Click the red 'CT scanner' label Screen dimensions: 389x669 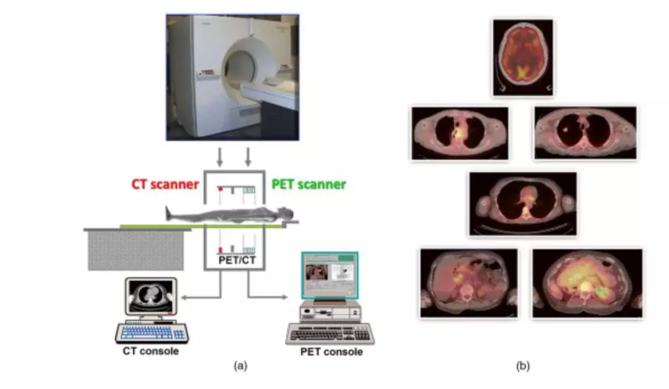coord(165,184)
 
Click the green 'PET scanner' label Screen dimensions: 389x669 coord(309,184)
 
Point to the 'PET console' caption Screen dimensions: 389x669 coord(331,352)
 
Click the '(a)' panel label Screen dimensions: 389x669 coord(240,366)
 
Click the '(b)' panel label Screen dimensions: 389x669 coord(523,366)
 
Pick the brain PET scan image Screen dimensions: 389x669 coord(523,57)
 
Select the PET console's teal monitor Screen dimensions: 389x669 coord(329,275)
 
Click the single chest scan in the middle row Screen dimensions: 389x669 coord(523,204)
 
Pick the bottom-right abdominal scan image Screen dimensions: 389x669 coord(587,284)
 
